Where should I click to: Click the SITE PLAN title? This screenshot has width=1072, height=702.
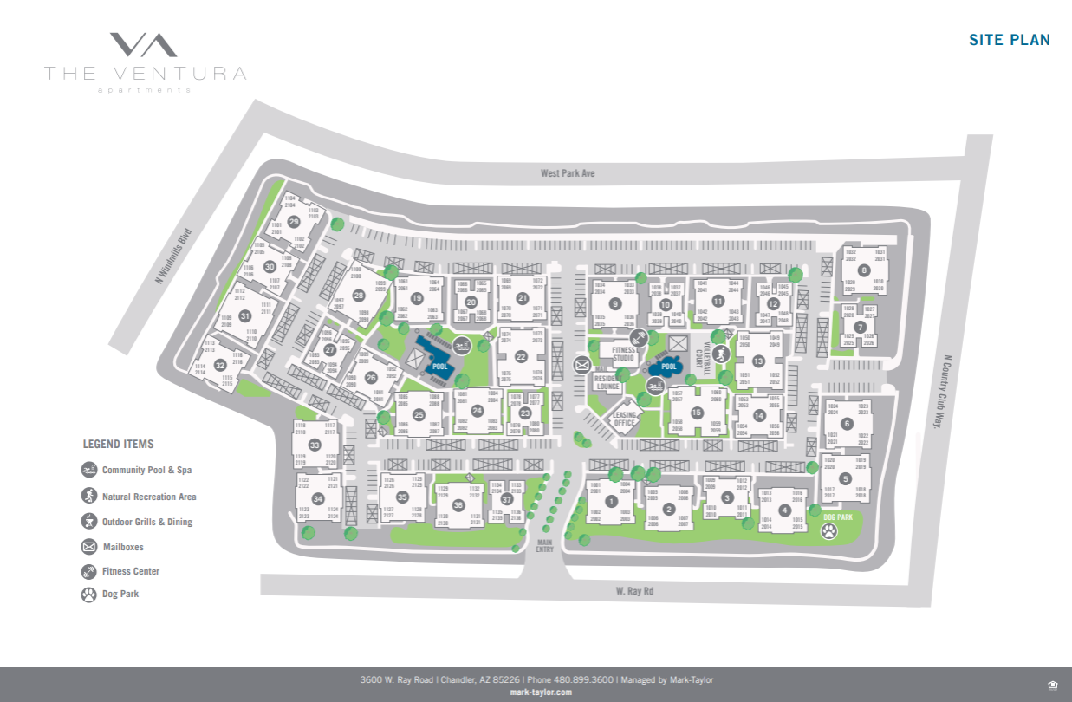point(1010,40)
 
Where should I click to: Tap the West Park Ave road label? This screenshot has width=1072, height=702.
point(568,173)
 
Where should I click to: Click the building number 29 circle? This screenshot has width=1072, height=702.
point(294,221)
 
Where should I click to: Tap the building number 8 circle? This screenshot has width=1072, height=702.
point(864,270)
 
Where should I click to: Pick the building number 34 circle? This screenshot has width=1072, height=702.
point(318,499)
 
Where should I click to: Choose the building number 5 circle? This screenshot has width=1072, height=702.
point(846,478)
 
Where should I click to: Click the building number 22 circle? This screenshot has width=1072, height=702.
point(521,356)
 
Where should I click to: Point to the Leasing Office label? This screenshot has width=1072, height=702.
point(625,419)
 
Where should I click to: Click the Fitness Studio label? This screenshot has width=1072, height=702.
point(624,354)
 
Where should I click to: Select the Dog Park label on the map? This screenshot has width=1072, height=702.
point(838,517)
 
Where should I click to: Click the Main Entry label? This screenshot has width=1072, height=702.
point(544,545)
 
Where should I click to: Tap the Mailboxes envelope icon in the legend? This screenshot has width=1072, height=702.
point(88,547)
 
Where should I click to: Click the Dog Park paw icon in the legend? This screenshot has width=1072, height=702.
point(88,595)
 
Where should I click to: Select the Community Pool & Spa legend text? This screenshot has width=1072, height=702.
point(146,471)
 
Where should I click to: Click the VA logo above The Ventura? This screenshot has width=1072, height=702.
point(144,45)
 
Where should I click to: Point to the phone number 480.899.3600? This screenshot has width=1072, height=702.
point(582,679)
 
